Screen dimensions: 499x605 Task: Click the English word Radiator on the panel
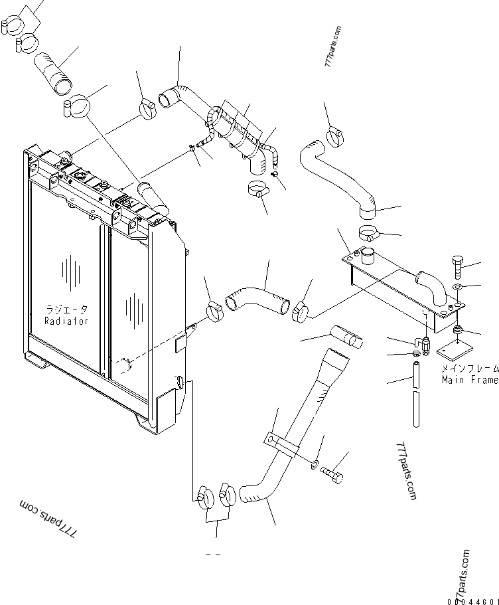(x=66, y=321)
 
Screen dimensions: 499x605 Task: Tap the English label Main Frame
(x=470, y=380)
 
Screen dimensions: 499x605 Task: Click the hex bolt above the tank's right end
(x=457, y=266)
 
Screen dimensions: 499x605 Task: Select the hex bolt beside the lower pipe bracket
(x=332, y=474)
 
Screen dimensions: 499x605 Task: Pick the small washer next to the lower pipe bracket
(x=315, y=464)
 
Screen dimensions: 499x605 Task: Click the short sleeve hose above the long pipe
(x=346, y=337)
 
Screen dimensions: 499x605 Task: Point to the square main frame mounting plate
(x=455, y=349)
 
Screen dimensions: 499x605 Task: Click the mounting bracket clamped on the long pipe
(x=281, y=444)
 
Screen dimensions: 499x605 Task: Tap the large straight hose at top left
(x=53, y=73)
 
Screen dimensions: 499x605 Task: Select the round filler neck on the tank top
(x=368, y=256)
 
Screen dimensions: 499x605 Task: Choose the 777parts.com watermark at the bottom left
(x=48, y=518)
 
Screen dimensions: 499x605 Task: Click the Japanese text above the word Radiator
(x=67, y=309)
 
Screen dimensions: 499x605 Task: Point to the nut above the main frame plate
(x=458, y=329)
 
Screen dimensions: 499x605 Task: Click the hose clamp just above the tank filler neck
(x=370, y=232)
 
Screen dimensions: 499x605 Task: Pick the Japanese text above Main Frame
(x=470, y=369)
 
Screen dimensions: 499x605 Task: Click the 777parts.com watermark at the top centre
(x=333, y=46)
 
